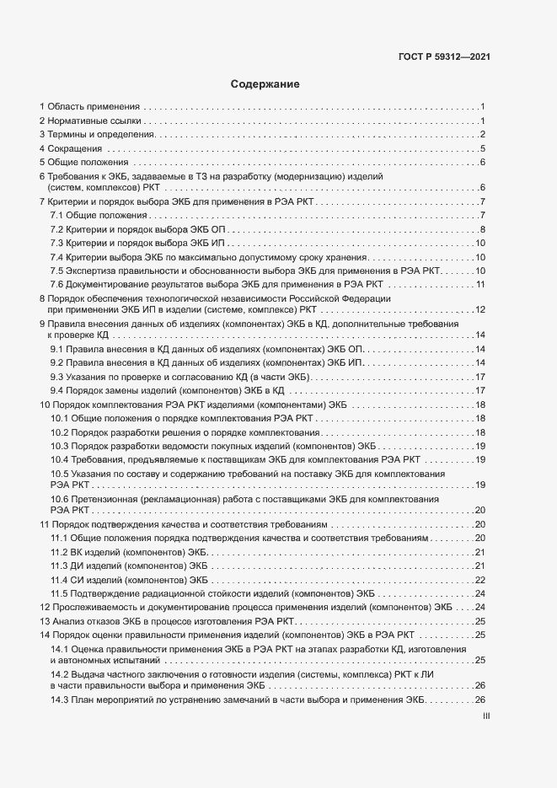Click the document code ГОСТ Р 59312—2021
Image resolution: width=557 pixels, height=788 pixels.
pyautogui.click(x=444, y=57)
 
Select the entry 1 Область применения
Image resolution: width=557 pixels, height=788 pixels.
pyautogui.click(x=90, y=107)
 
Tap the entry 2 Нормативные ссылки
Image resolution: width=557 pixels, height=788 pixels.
pyautogui.click(x=88, y=121)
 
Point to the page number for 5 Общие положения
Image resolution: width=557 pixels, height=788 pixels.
pyautogui.click(x=481, y=163)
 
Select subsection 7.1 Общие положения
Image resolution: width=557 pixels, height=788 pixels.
pyautogui.click(x=98, y=216)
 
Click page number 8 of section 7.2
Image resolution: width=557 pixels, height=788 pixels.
pyautogui.click(x=481, y=229)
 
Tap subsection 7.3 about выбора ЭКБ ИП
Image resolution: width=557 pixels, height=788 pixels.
pyautogui.click(x=137, y=243)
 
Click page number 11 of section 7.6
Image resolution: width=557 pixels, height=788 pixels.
pyautogui.click(x=479, y=284)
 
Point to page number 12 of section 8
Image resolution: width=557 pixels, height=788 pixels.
pyautogui.click(x=479, y=310)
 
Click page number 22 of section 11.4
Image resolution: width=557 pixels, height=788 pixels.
pyautogui.click(x=479, y=580)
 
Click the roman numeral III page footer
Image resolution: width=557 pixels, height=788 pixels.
pyautogui.click(x=485, y=716)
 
